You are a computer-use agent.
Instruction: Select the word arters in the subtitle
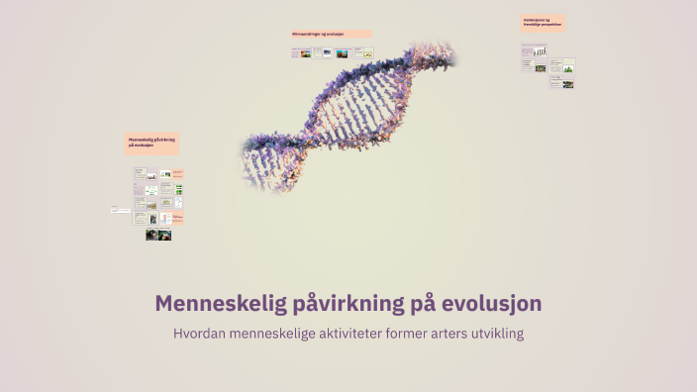tap(433, 334)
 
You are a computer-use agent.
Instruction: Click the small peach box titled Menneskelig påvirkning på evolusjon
tap(151, 144)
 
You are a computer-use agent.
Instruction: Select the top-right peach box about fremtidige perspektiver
tap(544, 23)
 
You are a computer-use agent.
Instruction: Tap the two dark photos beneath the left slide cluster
tap(158, 235)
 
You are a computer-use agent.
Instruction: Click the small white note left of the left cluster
tap(120, 210)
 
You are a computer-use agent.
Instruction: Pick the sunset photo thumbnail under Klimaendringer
tap(342, 53)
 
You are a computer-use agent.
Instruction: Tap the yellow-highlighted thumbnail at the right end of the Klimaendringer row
tap(368, 52)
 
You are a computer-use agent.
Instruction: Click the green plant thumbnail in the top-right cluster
tap(569, 67)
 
